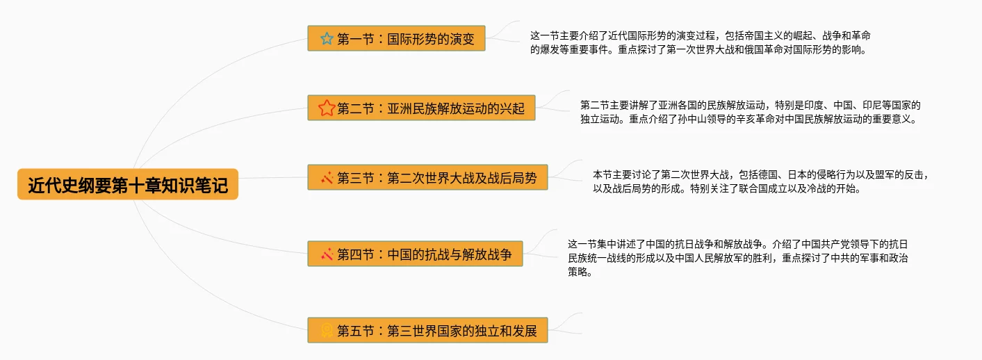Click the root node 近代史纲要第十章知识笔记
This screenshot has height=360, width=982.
click(128, 184)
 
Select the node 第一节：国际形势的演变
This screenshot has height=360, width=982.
click(396, 38)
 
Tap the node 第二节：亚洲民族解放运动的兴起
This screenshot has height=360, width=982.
click(421, 108)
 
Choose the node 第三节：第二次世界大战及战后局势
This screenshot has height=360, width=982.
click(427, 178)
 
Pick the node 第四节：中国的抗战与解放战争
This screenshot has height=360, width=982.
click(415, 254)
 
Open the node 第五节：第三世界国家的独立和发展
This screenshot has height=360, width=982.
click(427, 331)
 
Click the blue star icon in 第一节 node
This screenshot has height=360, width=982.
click(327, 38)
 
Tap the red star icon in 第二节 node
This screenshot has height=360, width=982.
click(327, 108)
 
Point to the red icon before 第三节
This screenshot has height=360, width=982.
click(327, 178)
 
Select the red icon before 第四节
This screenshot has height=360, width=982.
click(327, 254)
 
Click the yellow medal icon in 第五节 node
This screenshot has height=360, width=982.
click(327, 331)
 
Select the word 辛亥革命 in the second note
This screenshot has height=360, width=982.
click(735, 119)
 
